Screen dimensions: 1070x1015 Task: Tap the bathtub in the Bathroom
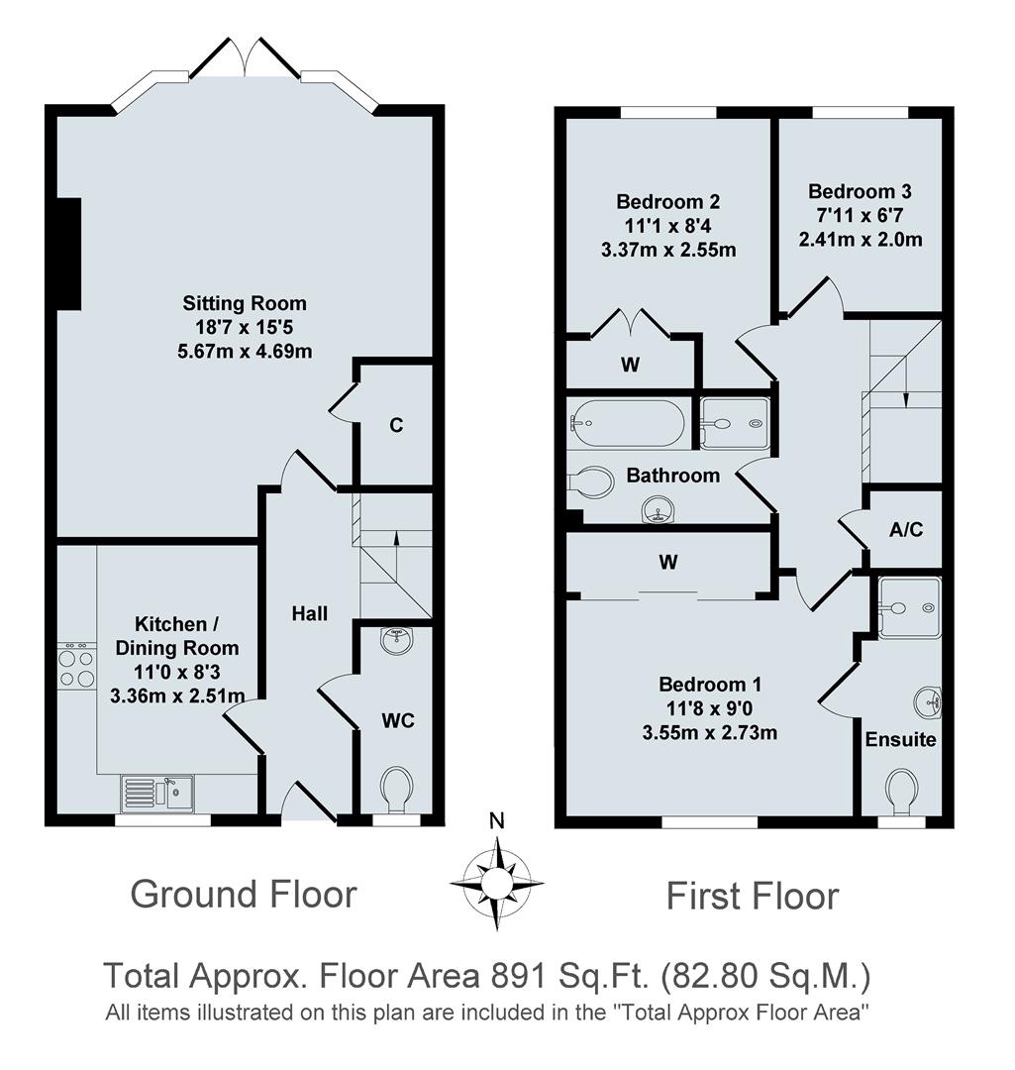coord(627,423)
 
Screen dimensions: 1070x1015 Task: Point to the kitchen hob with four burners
coord(77,668)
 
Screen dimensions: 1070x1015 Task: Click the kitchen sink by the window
coord(158,792)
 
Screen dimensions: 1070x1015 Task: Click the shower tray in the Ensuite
coord(910,605)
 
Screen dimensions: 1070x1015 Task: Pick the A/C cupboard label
coord(905,530)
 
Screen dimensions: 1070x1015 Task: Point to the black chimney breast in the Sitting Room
coord(68,254)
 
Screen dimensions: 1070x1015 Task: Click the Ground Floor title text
coord(244,894)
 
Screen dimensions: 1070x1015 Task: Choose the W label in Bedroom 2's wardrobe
coord(630,364)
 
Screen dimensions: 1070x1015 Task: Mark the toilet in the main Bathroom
coord(590,481)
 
